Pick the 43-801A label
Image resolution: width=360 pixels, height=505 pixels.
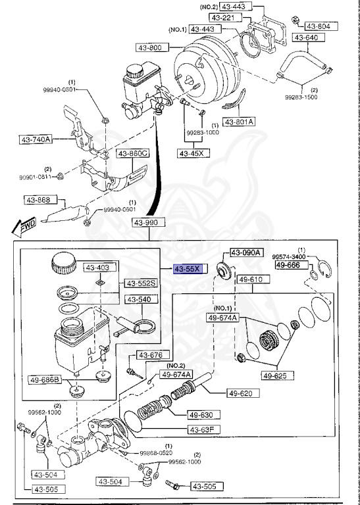point(240,122)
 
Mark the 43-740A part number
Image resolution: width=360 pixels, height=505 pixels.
point(36,139)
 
